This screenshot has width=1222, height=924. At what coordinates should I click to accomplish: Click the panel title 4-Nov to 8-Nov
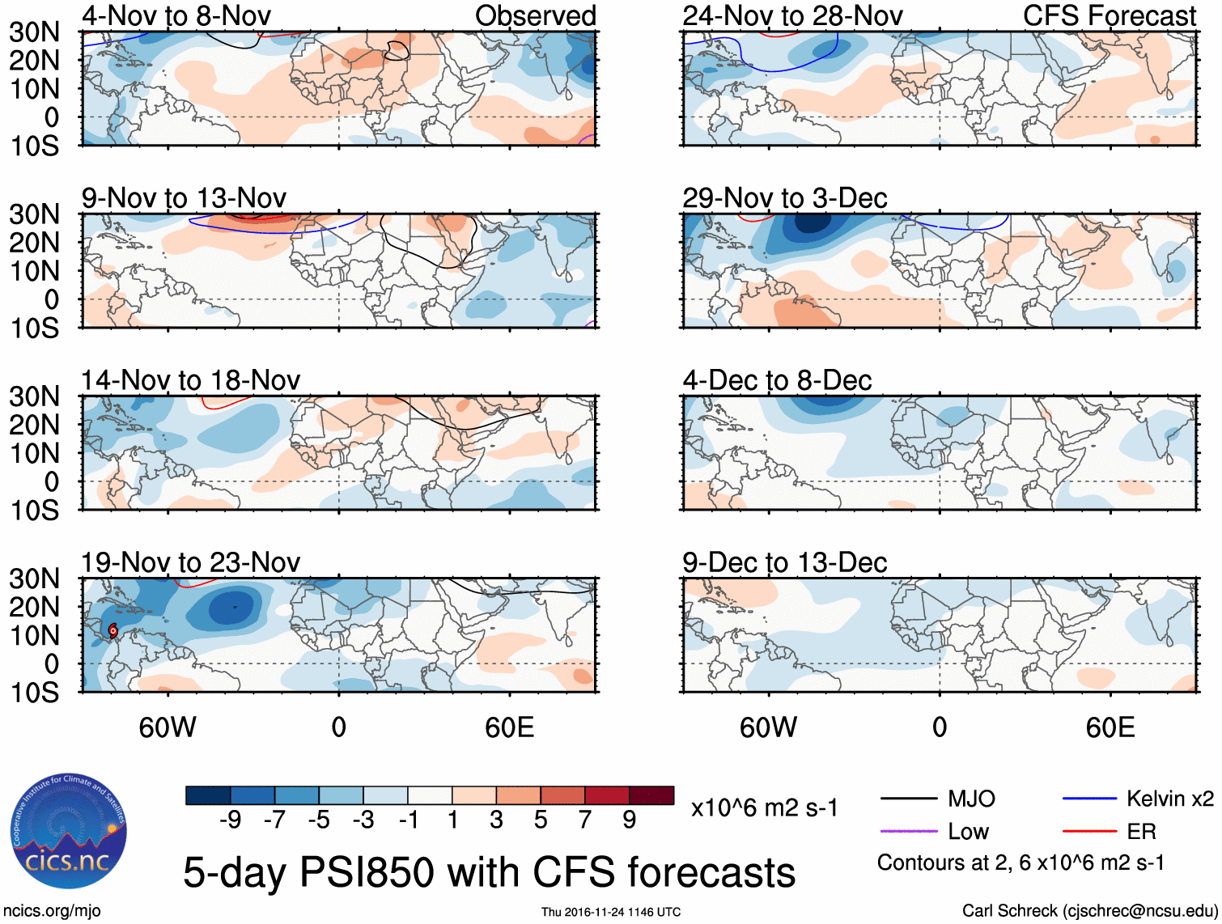[x=176, y=15]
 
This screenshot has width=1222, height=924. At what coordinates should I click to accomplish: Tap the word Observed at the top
[x=535, y=15]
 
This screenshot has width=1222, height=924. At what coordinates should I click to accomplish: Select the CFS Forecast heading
[x=1109, y=15]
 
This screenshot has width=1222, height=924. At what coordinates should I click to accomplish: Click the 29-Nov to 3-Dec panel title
[x=784, y=198]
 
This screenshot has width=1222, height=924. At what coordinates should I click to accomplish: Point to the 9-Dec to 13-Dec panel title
[x=784, y=562]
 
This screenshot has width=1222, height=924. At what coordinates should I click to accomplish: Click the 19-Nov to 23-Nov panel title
[x=190, y=562]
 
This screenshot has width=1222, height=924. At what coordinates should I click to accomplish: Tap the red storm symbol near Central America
[x=113, y=630]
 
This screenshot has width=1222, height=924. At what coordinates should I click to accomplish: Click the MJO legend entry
[x=971, y=799]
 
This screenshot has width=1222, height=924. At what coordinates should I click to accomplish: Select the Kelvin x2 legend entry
[x=1169, y=799]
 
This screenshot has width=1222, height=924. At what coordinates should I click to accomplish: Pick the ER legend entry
[x=1141, y=832]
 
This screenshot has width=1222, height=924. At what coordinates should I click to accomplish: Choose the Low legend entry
[x=969, y=832]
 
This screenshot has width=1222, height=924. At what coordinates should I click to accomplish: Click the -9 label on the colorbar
[x=231, y=820]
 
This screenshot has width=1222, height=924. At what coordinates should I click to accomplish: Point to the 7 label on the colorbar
[x=585, y=820]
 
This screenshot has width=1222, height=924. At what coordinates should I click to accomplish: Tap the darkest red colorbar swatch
[x=651, y=795]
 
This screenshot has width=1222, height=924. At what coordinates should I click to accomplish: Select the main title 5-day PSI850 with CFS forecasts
[x=489, y=873]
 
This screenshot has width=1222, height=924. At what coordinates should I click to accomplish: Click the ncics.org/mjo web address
[x=51, y=911]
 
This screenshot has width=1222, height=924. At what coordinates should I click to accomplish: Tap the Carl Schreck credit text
[x=1089, y=911]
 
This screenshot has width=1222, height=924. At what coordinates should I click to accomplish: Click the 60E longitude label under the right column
[x=1110, y=727]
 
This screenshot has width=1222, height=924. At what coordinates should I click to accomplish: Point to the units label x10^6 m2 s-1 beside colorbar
[x=764, y=808]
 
